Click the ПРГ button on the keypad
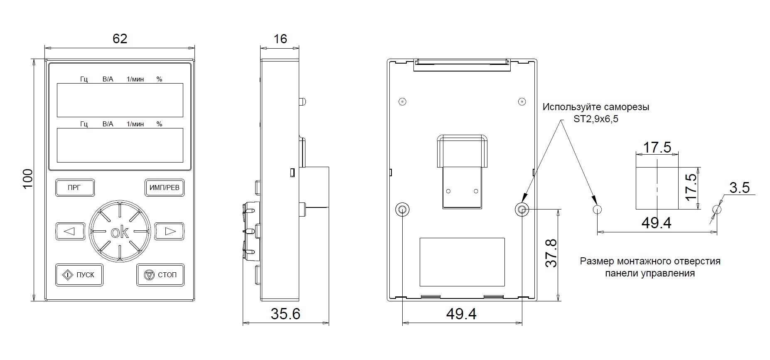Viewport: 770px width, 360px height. coord(75,188)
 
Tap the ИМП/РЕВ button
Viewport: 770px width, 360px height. coord(165,188)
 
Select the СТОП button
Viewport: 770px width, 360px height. coord(160,275)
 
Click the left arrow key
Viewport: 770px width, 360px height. coord(70,231)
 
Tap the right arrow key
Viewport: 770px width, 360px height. coord(170,231)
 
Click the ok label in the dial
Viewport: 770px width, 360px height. coord(120,232)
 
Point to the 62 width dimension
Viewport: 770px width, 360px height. coord(120,39)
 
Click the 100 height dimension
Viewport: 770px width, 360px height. coord(27,179)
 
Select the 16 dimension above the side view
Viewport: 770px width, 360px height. coord(280,39)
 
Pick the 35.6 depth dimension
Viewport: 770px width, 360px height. coord(285,314)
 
